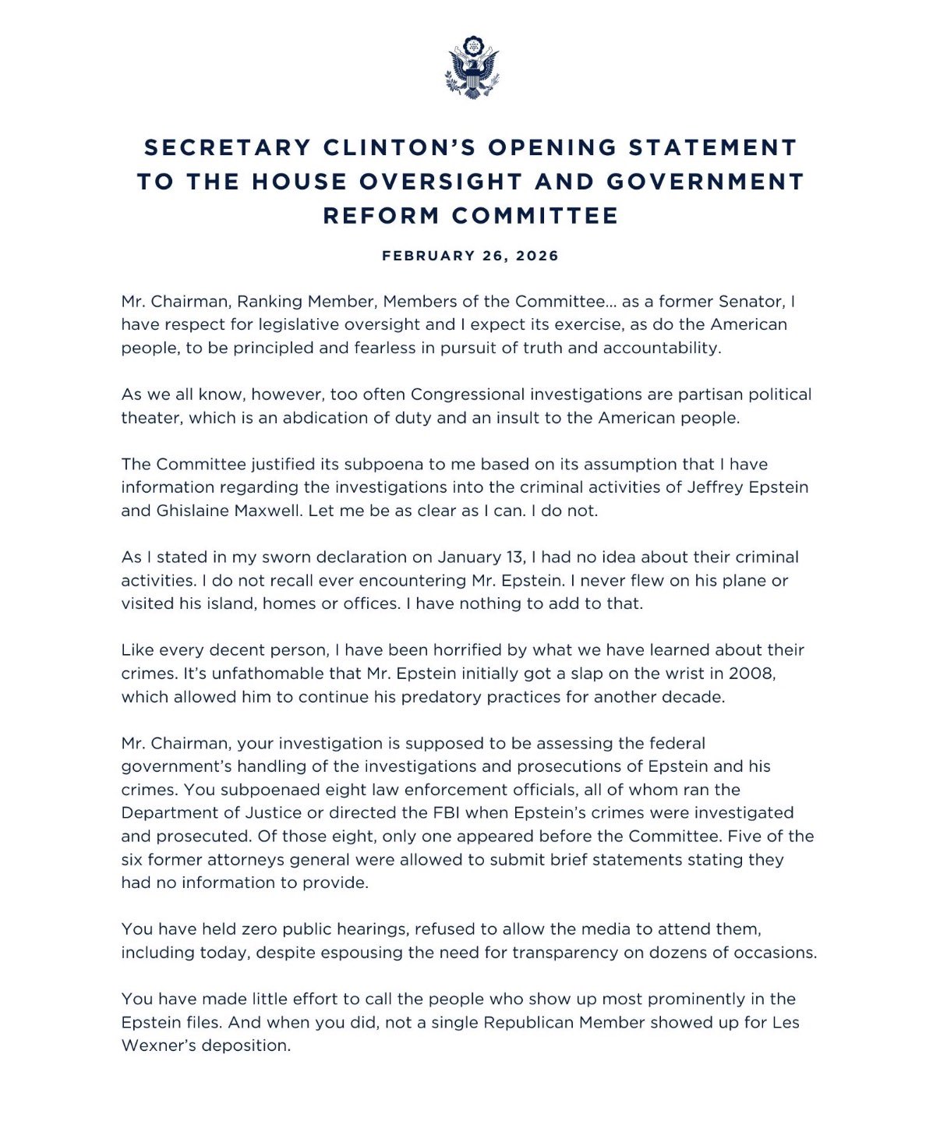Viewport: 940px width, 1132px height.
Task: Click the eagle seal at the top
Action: (x=472, y=67)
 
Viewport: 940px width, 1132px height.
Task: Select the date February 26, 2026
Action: (x=470, y=256)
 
